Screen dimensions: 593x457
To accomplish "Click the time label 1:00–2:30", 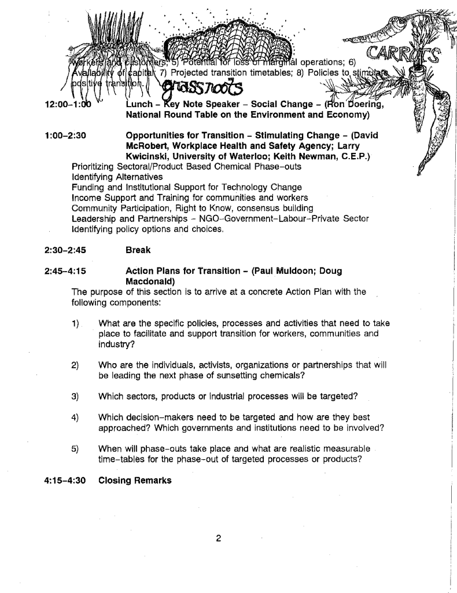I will click(x=65, y=136).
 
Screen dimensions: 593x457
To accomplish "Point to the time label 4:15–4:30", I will click(x=65, y=480).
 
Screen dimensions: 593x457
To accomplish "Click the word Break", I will click(x=138, y=250).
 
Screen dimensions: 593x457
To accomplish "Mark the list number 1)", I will click(x=75, y=323).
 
